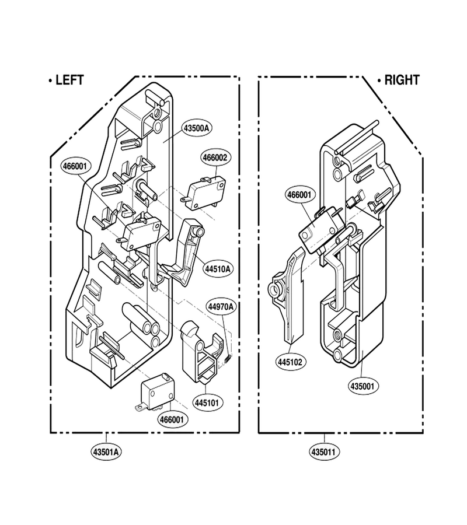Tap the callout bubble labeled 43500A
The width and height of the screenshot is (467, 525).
(x=197, y=128)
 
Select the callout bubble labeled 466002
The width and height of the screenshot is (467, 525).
(x=216, y=157)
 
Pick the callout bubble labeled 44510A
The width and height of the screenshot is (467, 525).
(x=218, y=269)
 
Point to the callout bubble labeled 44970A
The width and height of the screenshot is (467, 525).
(x=221, y=307)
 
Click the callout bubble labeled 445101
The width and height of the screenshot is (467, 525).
(x=207, y=402)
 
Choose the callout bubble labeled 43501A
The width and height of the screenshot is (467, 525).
(x=106, y=452)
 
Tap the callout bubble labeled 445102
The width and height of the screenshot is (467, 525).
(x=290, y=362)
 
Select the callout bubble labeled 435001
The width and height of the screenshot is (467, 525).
(x=362, y=386)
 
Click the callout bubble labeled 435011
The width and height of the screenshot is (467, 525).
(x=325, y=452)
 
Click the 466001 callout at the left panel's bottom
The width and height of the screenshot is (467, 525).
(x=172, y=419)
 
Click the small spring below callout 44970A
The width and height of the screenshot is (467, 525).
(x=228, y=359)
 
